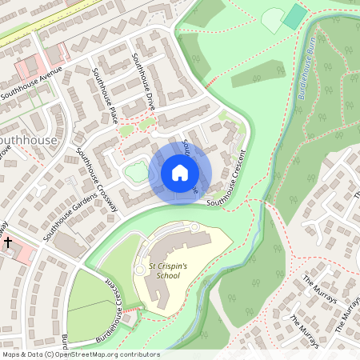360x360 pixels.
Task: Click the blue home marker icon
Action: pos(180,172)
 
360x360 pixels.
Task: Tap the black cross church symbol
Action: pos(8,241)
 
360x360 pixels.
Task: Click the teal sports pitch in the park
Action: pos(295,16)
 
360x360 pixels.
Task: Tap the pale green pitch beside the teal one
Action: pos(273,19)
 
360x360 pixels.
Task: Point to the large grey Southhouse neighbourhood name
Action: pos(29,140)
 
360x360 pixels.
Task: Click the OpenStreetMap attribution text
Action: pos(80,354)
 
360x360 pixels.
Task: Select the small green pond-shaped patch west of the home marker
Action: pos(137,170)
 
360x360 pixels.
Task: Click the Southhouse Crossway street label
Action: pos(96,179)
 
